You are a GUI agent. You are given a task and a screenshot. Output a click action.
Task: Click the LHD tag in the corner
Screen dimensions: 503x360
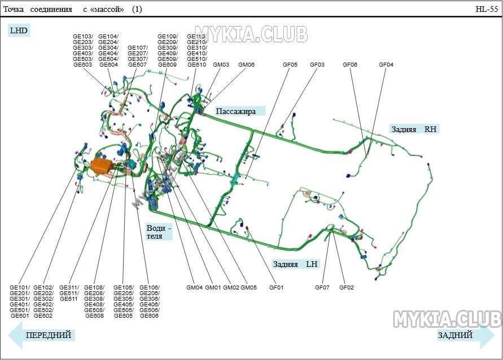pyautogui.click(x=19, y=30)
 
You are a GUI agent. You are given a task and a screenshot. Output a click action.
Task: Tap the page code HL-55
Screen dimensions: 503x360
pyautogui.click(x=487, y=9)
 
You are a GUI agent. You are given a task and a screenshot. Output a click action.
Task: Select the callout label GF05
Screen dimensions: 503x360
pyautogui.click(x=290, y=64)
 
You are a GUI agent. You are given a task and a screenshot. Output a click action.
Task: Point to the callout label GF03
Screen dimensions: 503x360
pyautogui.click(x=317, y=64)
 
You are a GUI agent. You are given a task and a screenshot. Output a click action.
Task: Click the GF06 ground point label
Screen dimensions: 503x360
pyautogui.click(x=349, y=64)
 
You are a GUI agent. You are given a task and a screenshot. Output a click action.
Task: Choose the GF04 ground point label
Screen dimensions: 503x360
pyautogui.click(x=386, y=64)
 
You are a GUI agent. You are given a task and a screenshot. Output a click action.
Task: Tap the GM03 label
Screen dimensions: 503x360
pyautogui.click(x=221, y=64)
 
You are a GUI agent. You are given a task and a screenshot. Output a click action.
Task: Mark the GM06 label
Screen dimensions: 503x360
pyautogui.click(x=246, y=64)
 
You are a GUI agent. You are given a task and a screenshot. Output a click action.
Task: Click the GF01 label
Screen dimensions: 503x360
pyautogui.click(x=276, y=288)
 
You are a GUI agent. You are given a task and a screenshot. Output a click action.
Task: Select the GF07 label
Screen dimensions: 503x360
pyautogui.click(x=322, y=288)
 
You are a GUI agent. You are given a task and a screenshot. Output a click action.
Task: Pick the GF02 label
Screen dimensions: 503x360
pyautogui.click(x=347, y=288)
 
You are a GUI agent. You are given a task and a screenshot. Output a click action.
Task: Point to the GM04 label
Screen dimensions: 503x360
pyautogui.click(x=194, y=288)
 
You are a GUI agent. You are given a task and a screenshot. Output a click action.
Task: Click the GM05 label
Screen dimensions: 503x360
pyautogui.click(x=248, y=288)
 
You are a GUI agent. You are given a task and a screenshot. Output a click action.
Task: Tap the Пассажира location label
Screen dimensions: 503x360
pyautogui.click(x=236, y=111)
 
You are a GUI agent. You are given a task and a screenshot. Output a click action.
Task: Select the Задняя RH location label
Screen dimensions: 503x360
pyautogui.click(x=414, y=129)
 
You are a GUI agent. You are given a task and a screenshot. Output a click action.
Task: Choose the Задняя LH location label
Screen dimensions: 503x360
pyautogui.click(x=295, y=264)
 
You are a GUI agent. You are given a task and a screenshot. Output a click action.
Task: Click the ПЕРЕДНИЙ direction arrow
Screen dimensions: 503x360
pyautogui.click(x=42, y=335)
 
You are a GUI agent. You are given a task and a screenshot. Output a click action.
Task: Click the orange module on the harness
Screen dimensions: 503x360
pyautogui.click(x=102, y=166)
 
